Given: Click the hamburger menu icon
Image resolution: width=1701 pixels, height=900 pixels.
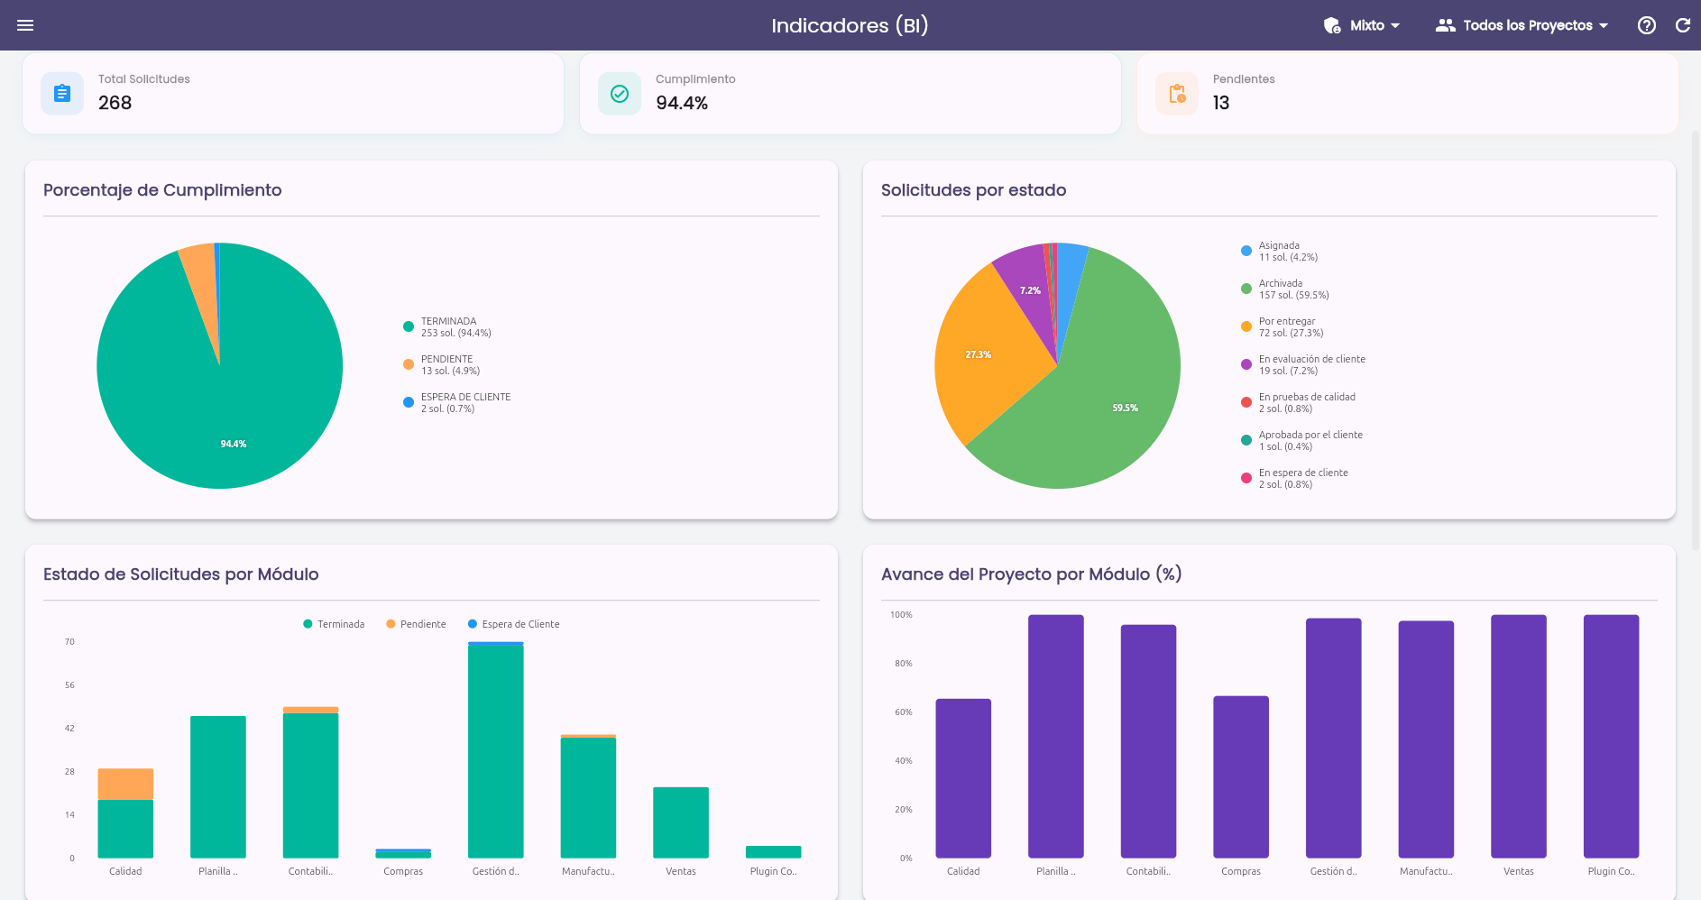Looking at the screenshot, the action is (25, 25).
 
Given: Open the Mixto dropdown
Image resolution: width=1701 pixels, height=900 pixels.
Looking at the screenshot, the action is (1362, 25).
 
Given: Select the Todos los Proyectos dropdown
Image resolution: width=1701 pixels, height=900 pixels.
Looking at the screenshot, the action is (1522, 25).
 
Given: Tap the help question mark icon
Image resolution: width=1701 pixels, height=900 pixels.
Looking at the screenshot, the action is (1647, 25).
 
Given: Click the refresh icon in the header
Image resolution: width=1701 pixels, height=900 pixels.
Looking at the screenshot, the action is (1683, 25).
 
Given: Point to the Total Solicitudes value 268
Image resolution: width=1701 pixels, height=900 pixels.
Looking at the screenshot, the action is (115, 103).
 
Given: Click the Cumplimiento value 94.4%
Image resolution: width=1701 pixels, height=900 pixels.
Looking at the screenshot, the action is (682, 103).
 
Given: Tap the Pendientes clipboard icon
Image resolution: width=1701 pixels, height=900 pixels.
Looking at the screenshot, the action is (1177, 94).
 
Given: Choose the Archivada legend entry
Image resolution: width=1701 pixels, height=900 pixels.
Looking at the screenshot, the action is (1285, 289).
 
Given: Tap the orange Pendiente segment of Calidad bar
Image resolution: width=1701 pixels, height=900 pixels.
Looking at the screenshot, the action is (125, 784).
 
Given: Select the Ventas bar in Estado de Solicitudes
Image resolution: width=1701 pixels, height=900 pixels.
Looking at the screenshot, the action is (681, 822).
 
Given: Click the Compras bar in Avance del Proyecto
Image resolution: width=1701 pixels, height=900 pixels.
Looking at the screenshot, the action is (1241, 776).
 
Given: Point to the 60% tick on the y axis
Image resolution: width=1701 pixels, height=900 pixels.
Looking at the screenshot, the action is (903, 712).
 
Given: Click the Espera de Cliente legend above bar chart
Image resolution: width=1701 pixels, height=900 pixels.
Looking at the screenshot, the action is (514, 624).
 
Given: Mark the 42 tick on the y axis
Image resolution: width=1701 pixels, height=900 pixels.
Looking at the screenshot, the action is (69, 729).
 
